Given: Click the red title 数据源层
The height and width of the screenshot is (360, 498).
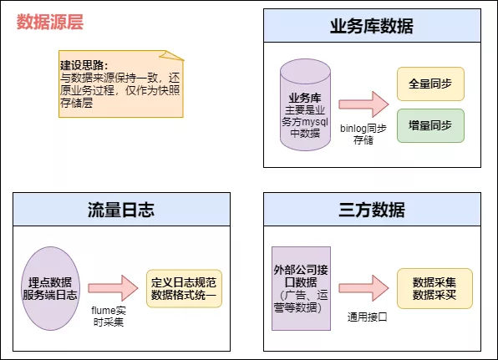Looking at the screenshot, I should tap(50, 23).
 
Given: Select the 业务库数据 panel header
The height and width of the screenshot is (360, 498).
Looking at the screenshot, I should tap(372, 26).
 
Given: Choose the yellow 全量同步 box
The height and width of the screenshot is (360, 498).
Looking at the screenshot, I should tap(430, 84).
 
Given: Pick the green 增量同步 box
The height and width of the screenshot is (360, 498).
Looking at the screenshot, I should tap(430, 124).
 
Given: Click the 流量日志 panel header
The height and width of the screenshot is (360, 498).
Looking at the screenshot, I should tap(121, 208).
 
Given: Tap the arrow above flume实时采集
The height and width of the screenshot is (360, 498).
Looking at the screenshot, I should tap(113, 286).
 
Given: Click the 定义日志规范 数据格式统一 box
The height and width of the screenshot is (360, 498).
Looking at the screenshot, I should tap(184, 286).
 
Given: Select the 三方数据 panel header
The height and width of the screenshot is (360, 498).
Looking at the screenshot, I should tap(372, 208).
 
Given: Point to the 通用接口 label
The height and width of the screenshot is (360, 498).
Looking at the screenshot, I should tap(367, 317).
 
